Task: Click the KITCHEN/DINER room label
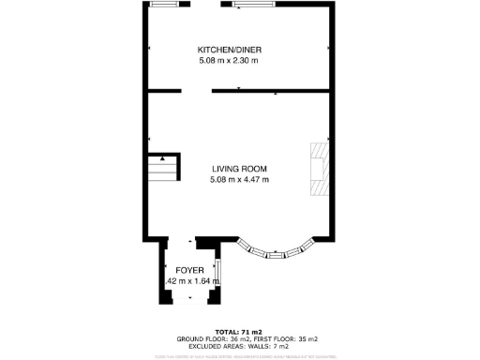[x=227, y=50]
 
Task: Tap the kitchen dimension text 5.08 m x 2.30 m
[x=228, y=61]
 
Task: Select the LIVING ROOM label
[x=239, y=168]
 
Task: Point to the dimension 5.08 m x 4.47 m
[x=239, y=179]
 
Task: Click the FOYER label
[x=189, y=270]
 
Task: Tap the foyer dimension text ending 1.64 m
[x=191, y=280]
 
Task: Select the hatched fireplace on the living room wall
[x=320, y=170]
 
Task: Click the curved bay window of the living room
[x=277, y=251]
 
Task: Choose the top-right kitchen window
[x=254, y=5]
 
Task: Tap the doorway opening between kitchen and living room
[x=196, y=91]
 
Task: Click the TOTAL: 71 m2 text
[x=239, y=332]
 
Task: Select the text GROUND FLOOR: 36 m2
[x=208, y=338]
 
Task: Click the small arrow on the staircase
[x=164, y=159]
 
